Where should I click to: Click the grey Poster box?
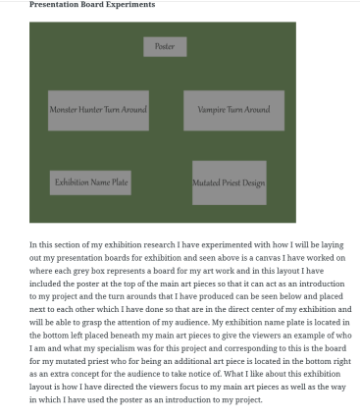pos(165,46)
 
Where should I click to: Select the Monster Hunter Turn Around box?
pos(98,110)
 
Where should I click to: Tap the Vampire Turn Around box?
pos(233,110)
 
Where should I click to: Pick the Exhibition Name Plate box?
pos(91,182)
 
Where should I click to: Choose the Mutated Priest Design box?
pos(229,182)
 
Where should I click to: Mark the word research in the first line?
pos(142,244)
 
